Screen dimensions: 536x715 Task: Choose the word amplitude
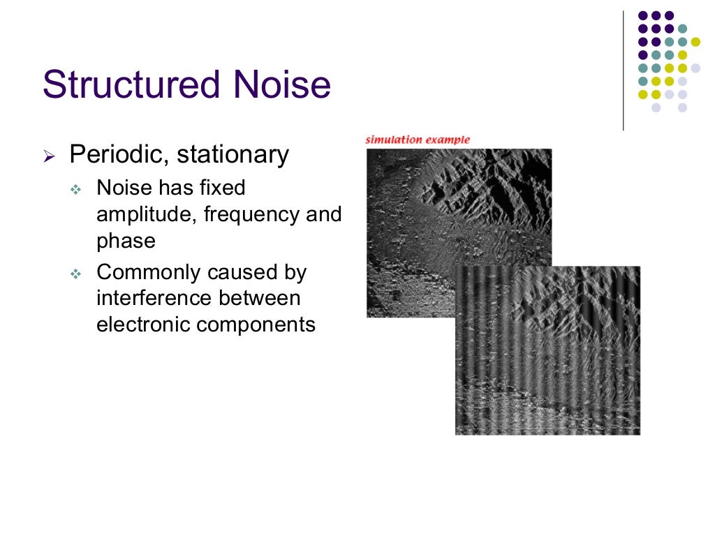click(x=147, y=215)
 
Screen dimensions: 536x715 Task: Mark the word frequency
click(x=251, y=215)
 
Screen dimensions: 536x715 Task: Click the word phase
click(x=126, y=241)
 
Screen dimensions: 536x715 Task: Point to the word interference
click(x=154, y=298)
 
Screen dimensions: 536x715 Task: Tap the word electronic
click(x=145, y=325)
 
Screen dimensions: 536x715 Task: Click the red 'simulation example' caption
click(x=418, y=140)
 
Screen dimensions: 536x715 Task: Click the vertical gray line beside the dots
click(x=623, y=70)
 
